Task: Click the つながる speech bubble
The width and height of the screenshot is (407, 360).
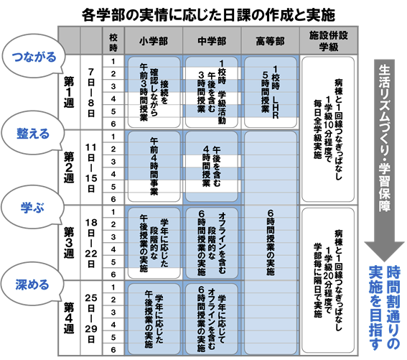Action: click(33, 57)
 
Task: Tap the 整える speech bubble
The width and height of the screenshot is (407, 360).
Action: click(32, 134)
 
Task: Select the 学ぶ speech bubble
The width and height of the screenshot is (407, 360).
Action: click(32, 208)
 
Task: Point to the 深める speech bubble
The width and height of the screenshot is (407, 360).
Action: click(32, 285)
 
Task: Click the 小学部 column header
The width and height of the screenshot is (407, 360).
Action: click(154, 41)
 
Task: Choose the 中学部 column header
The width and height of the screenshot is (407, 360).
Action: click(212, 41)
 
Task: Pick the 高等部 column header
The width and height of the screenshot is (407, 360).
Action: click(270, 41)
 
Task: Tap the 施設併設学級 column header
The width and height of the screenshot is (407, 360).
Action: click(329, 41)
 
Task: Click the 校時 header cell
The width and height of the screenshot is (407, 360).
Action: click(113, 42)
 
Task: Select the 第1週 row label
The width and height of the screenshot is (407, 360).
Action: click(69, 92)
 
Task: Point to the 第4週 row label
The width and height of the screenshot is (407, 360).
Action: click(69, 318)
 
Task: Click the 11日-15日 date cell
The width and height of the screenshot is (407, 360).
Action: click(91, 167)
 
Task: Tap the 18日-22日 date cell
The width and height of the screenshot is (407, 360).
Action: click(91, 243)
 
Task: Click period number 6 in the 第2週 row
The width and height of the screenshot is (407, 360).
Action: click(113, 199)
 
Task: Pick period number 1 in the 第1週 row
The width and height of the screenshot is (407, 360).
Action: click(113, 61)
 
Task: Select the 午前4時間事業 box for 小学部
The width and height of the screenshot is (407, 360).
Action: click(154, 167)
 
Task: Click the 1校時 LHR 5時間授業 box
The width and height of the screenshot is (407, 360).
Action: click(271, 92)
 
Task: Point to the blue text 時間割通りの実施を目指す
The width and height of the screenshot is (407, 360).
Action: click(385, 308)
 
